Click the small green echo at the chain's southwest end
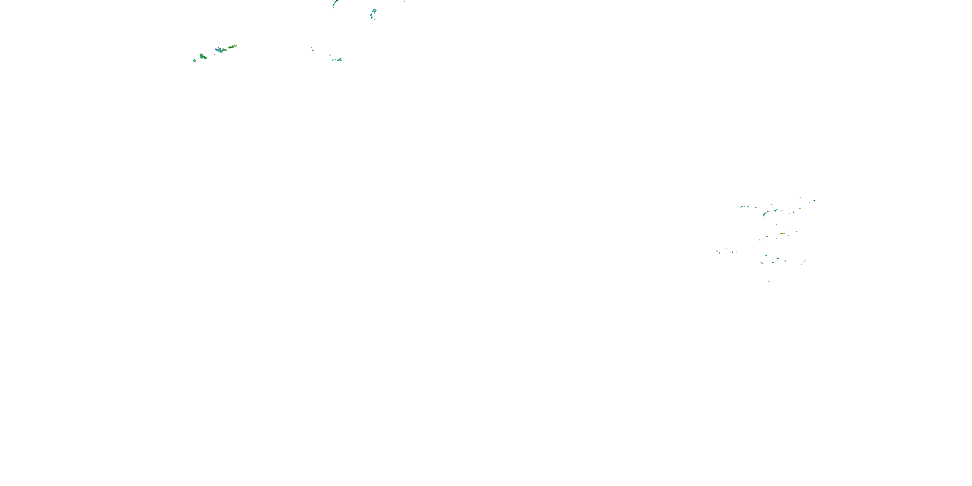point(194,60)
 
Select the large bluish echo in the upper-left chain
point(218,50)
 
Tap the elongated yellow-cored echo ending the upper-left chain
point(232,46)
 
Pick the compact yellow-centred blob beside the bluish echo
point(224,50)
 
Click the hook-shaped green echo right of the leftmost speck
point(203,57)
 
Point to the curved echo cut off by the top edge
point(335,3)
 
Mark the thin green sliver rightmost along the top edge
point(404,2)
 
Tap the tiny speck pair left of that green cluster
point(312,49)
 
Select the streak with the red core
point(782,234)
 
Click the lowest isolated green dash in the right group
point(769,281)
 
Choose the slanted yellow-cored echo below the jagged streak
point(764,214)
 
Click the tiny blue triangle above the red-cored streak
point(777,225)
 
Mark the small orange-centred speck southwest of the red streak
point(766,237)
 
